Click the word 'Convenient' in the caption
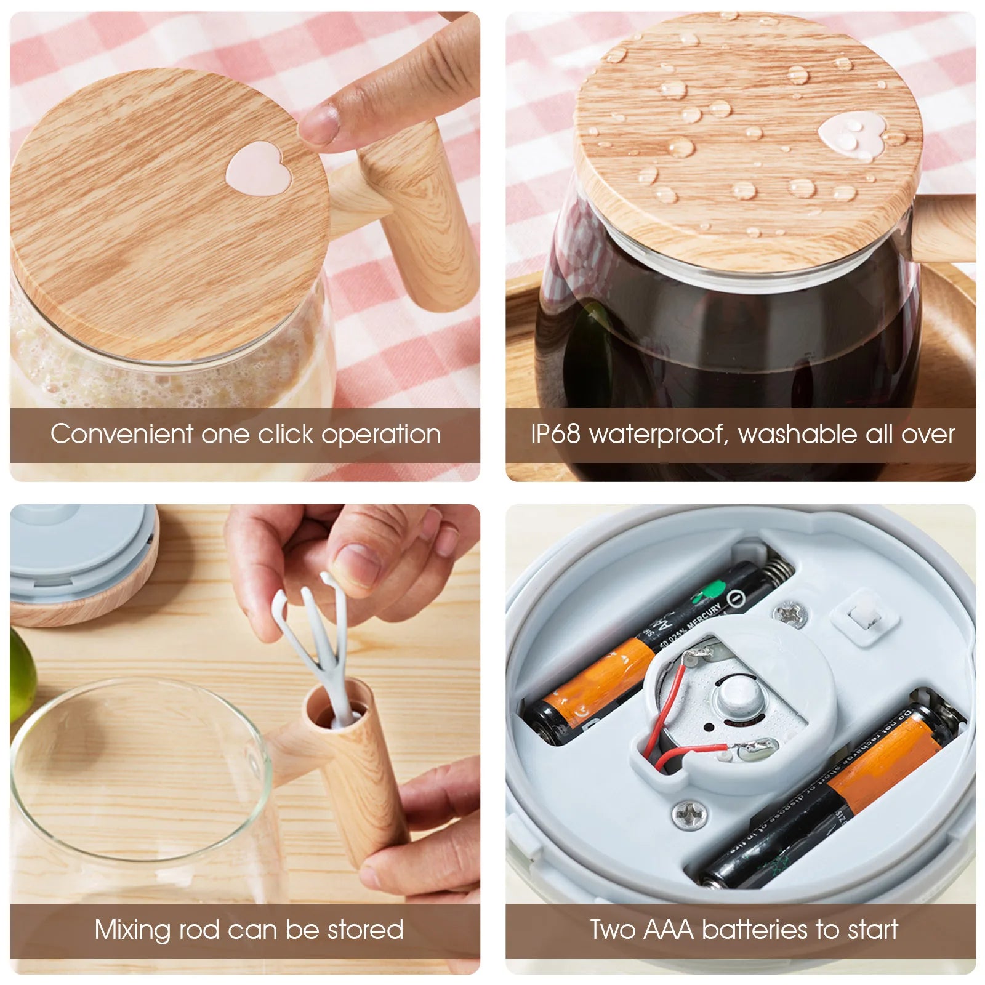click(x=121, y=434)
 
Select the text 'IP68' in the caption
click(x=555, y=434)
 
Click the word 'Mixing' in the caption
click(x=132, y=930)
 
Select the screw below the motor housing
click(x=690, y=815)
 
